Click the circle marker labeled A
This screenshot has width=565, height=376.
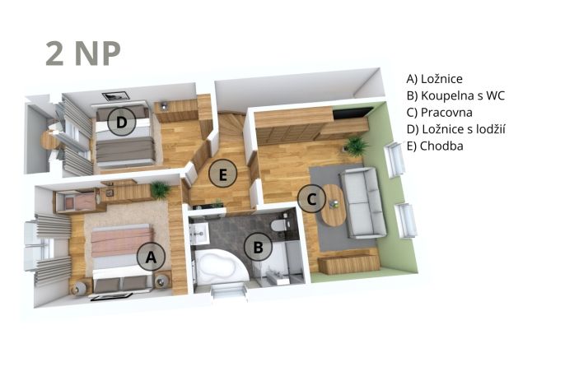point(151,257)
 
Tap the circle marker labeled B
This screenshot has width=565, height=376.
point(258,247)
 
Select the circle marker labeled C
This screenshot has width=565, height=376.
point(311,198)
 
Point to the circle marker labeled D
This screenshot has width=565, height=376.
point(122,122)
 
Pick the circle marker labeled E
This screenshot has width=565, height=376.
point(222,174)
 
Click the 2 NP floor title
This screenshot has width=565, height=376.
point(83,53)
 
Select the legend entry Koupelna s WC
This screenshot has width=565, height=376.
point(455,95)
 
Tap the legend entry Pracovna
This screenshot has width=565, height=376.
point(439,112)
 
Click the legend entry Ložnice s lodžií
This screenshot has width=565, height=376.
point(455,129)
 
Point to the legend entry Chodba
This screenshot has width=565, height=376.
point(435,146)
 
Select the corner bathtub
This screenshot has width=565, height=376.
point(221,267)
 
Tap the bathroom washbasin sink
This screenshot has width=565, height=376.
point(198,233)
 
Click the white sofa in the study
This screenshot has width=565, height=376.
point(363,202)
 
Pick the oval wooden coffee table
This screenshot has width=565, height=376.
point(334,205)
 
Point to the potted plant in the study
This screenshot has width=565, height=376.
point(356,145)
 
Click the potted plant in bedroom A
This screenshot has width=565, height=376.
point(160,189)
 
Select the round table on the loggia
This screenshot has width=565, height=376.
point(50,140)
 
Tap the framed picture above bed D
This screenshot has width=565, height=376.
point(115,95)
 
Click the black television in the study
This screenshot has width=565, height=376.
point(352,112)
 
